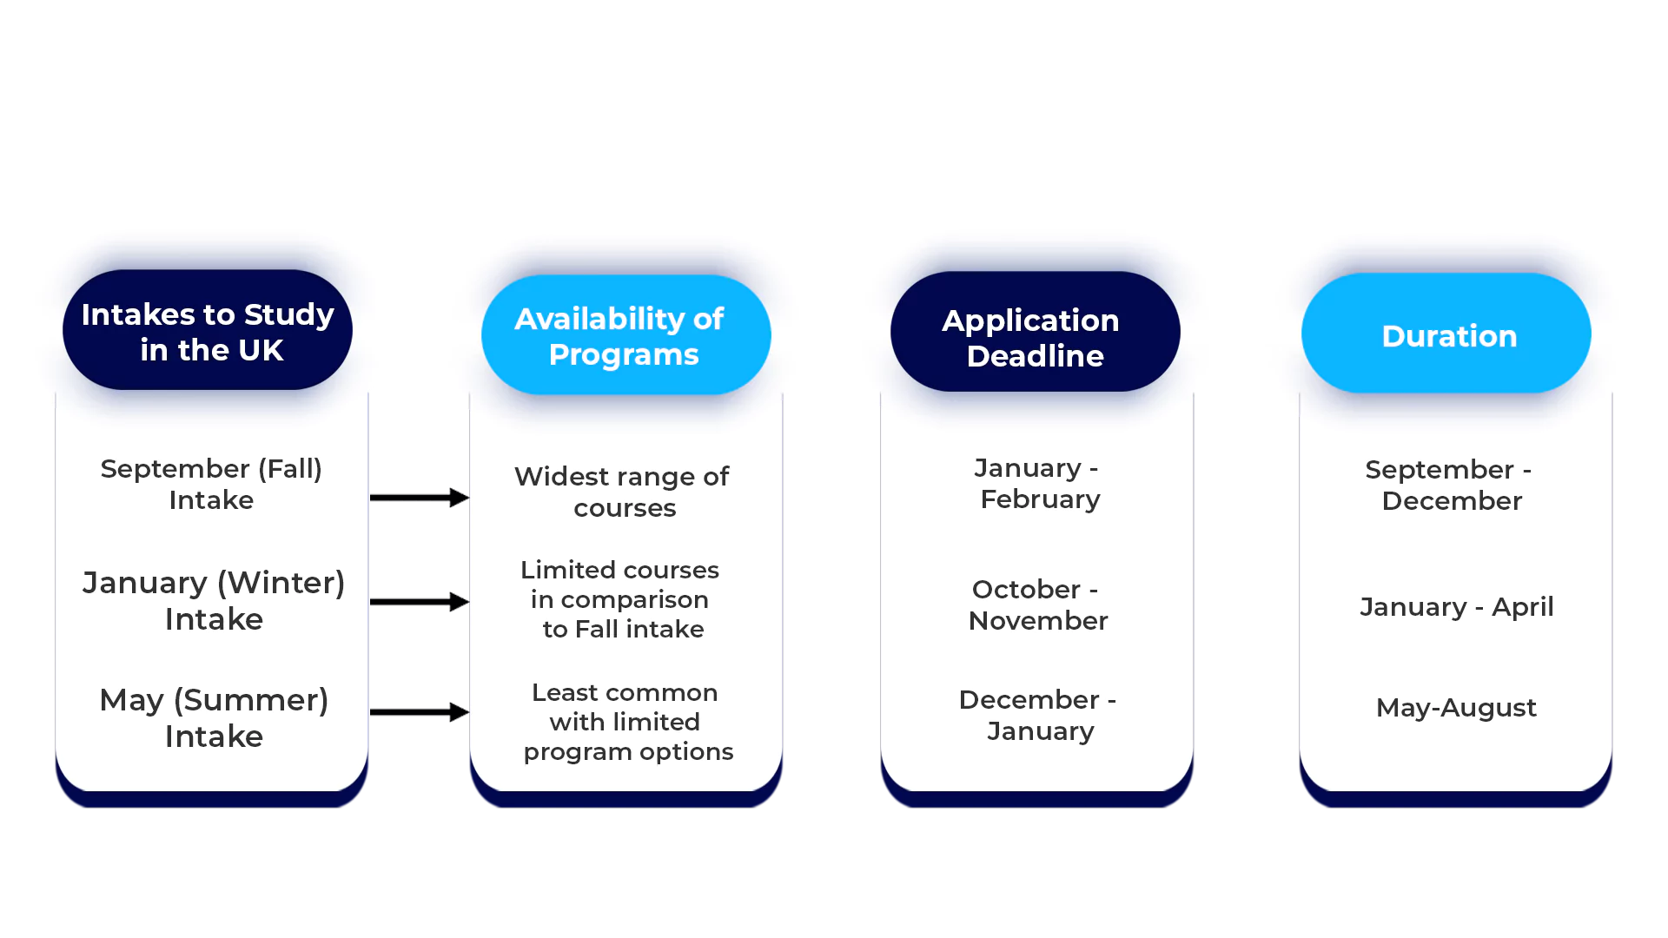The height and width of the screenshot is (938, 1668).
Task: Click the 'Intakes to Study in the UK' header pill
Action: pos(208,331)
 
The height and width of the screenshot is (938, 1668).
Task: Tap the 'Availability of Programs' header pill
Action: pos(625,335)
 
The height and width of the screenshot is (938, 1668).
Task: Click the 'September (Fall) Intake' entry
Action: pos(211,484)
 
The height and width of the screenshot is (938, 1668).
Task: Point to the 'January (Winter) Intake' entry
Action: pos(214,600)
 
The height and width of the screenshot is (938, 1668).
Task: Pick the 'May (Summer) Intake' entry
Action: pos(214,717)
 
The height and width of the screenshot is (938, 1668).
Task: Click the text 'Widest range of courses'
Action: pos(622,492)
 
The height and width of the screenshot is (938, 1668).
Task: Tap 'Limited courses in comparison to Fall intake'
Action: pos(620,599)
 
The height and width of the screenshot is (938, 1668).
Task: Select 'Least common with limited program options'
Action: pos(627,722)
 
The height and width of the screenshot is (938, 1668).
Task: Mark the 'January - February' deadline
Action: pos(1038,483)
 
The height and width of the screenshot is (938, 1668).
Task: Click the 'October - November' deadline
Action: pos(1037,604)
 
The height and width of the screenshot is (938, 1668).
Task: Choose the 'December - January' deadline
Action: pos(1038,715)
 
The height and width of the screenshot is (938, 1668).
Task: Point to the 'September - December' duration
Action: pos(1450,485)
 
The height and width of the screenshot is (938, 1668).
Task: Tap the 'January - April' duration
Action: pos(1456,606)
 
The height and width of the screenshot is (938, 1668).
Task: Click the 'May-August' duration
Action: pos(1456,708)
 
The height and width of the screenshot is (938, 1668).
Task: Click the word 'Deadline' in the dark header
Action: pos(1035,356)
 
